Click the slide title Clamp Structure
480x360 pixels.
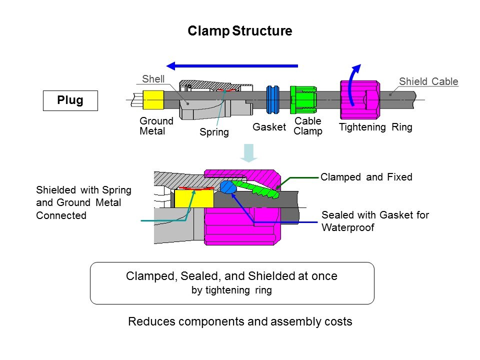pos(239,31)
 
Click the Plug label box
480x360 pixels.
pos(70,100)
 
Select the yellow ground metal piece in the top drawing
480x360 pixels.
pos(153,100)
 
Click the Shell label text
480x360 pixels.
pos(153,79)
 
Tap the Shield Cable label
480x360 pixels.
pos(428,81)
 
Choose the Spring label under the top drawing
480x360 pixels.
pos(214,132)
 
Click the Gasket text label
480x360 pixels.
pos(269,127)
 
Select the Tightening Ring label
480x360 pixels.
pos(375,127)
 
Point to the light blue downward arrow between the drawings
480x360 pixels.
pos(248,152)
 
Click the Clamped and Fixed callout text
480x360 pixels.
pos(366,176)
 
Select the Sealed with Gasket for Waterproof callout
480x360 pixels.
pos(375,220)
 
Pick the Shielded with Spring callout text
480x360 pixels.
pos(83,202)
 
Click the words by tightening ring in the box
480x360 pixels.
pos(231,290)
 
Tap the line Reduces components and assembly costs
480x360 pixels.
pos(240,321)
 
